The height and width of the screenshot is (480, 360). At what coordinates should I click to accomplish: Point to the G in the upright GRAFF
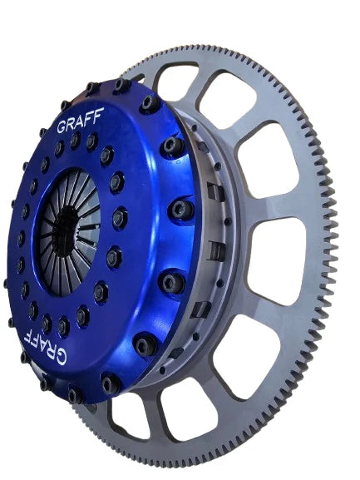(x=62, y=128)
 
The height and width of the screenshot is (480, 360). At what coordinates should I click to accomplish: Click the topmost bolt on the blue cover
(x=122, y=85)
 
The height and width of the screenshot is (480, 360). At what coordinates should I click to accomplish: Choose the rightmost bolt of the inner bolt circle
(x=119, y=218)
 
